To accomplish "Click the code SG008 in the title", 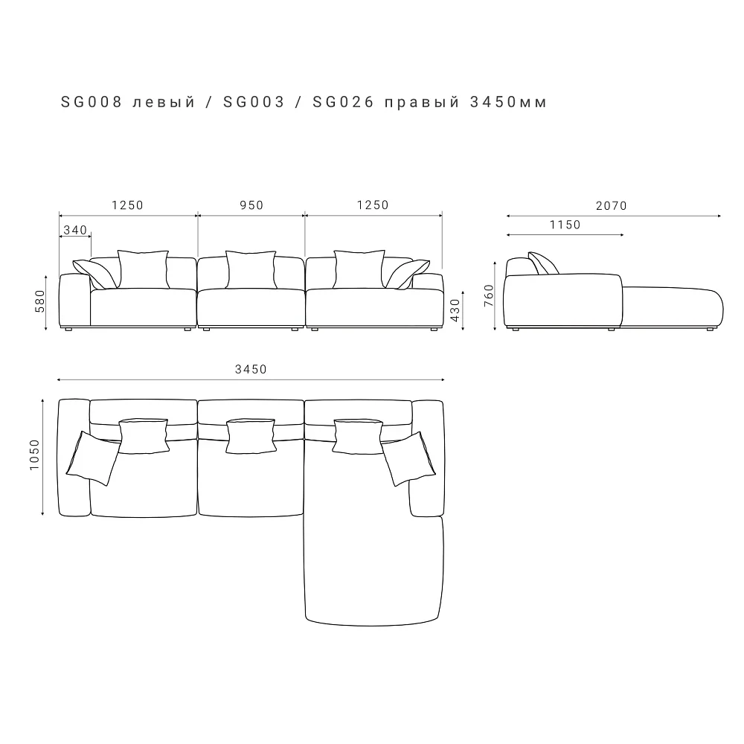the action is click(x=92, y=102).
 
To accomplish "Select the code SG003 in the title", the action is click(x=254, y=102).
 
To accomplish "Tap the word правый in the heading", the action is click(x=422, y=103).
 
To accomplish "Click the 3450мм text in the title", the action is click(x=509, y=102).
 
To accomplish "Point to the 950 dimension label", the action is click(x=251, y=205).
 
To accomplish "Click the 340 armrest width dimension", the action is click(x=75, y=230).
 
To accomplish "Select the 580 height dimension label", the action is click(x=40, y=301).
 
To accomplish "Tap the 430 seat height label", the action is click(x=455, y=310).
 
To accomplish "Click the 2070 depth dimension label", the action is click(x=612, y=205).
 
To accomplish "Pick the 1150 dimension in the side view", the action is click(x=565, y=225).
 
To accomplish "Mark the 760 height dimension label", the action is click(x=489, y=295).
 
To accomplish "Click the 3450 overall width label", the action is click(x=251, y=369).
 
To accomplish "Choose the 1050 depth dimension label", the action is click(x=35, y=455).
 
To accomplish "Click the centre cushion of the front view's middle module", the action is click(x=251, y=269).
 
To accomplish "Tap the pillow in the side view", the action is click(x=544, y=263).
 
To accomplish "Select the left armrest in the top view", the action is click(x=74, y=458).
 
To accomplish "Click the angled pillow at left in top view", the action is click(x=94, y=458).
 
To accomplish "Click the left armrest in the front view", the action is click(x=74, y=301).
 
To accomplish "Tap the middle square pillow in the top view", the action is click(x=251, y=436).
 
